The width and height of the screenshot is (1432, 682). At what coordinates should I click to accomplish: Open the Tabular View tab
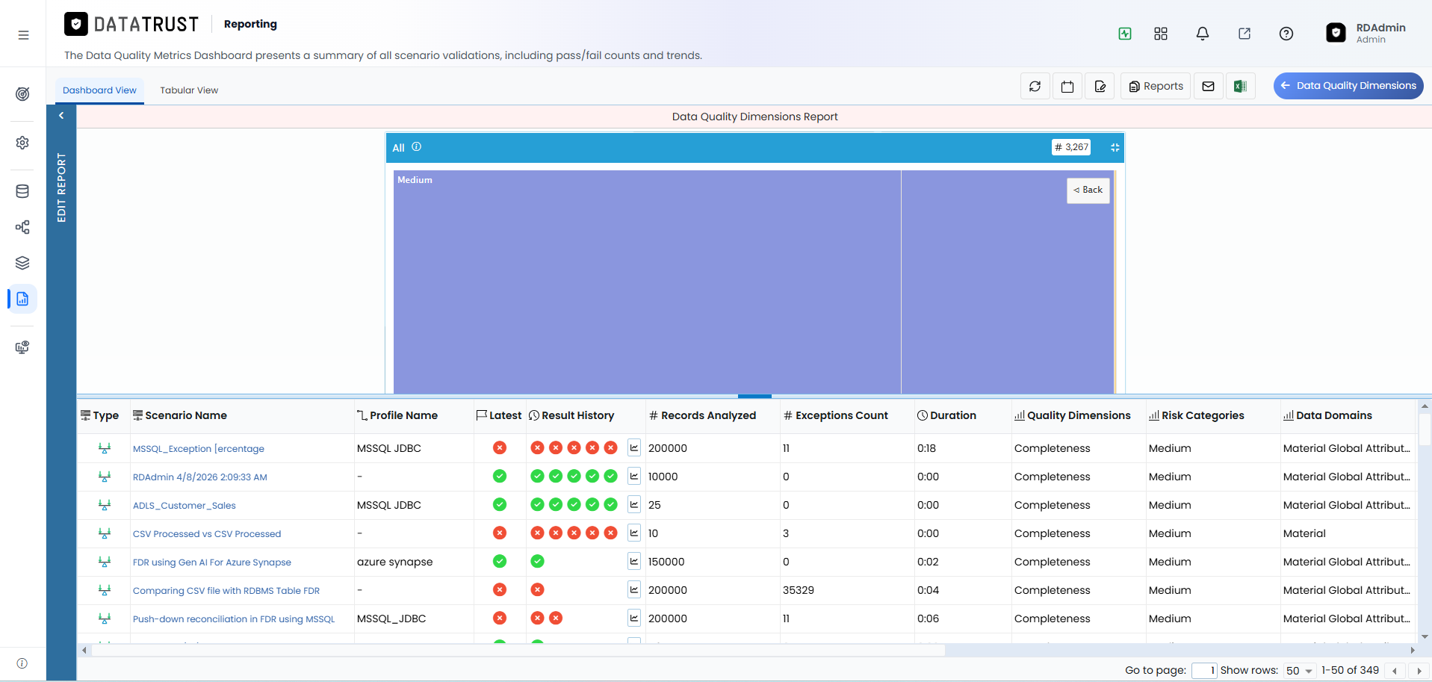tap(189, 90)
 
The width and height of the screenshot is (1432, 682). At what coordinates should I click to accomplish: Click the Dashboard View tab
tap(99, 90)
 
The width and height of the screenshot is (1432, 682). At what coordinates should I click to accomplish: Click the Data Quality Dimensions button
tap(1348, 86)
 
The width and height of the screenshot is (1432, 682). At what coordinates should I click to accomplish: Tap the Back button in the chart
tap(1088, 190)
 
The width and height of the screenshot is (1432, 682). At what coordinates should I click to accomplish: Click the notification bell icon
tap(1203, 34)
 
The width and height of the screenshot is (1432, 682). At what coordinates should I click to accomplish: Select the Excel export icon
tap(1240, 87)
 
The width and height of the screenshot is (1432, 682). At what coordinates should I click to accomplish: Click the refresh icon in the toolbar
tap(1035, 87)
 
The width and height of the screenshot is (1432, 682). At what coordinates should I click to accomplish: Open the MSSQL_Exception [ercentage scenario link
tap(199, 449)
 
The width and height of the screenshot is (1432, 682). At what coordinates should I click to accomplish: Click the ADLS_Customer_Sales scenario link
tap(185, 506)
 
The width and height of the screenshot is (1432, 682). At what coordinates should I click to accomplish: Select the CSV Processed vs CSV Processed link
tap(207, 534)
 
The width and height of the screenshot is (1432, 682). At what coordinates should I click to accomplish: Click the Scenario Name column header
tap(180, 415)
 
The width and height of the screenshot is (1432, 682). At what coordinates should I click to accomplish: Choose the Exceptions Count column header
tap(836, 415)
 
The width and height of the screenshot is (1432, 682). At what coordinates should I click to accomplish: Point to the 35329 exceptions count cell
tap(799, 590)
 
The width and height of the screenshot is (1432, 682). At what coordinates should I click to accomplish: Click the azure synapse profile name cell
tap(395, 562)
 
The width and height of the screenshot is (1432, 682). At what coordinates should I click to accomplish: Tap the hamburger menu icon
tap(24, 35)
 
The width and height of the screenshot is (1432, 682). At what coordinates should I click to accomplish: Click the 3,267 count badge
tap(1071, 147)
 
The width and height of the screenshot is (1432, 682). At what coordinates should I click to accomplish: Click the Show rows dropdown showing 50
tap(1299, 671)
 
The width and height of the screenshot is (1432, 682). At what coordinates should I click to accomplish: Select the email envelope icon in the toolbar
tap(1208, 87)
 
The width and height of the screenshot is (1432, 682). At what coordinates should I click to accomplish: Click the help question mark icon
tap(1286, 34)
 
